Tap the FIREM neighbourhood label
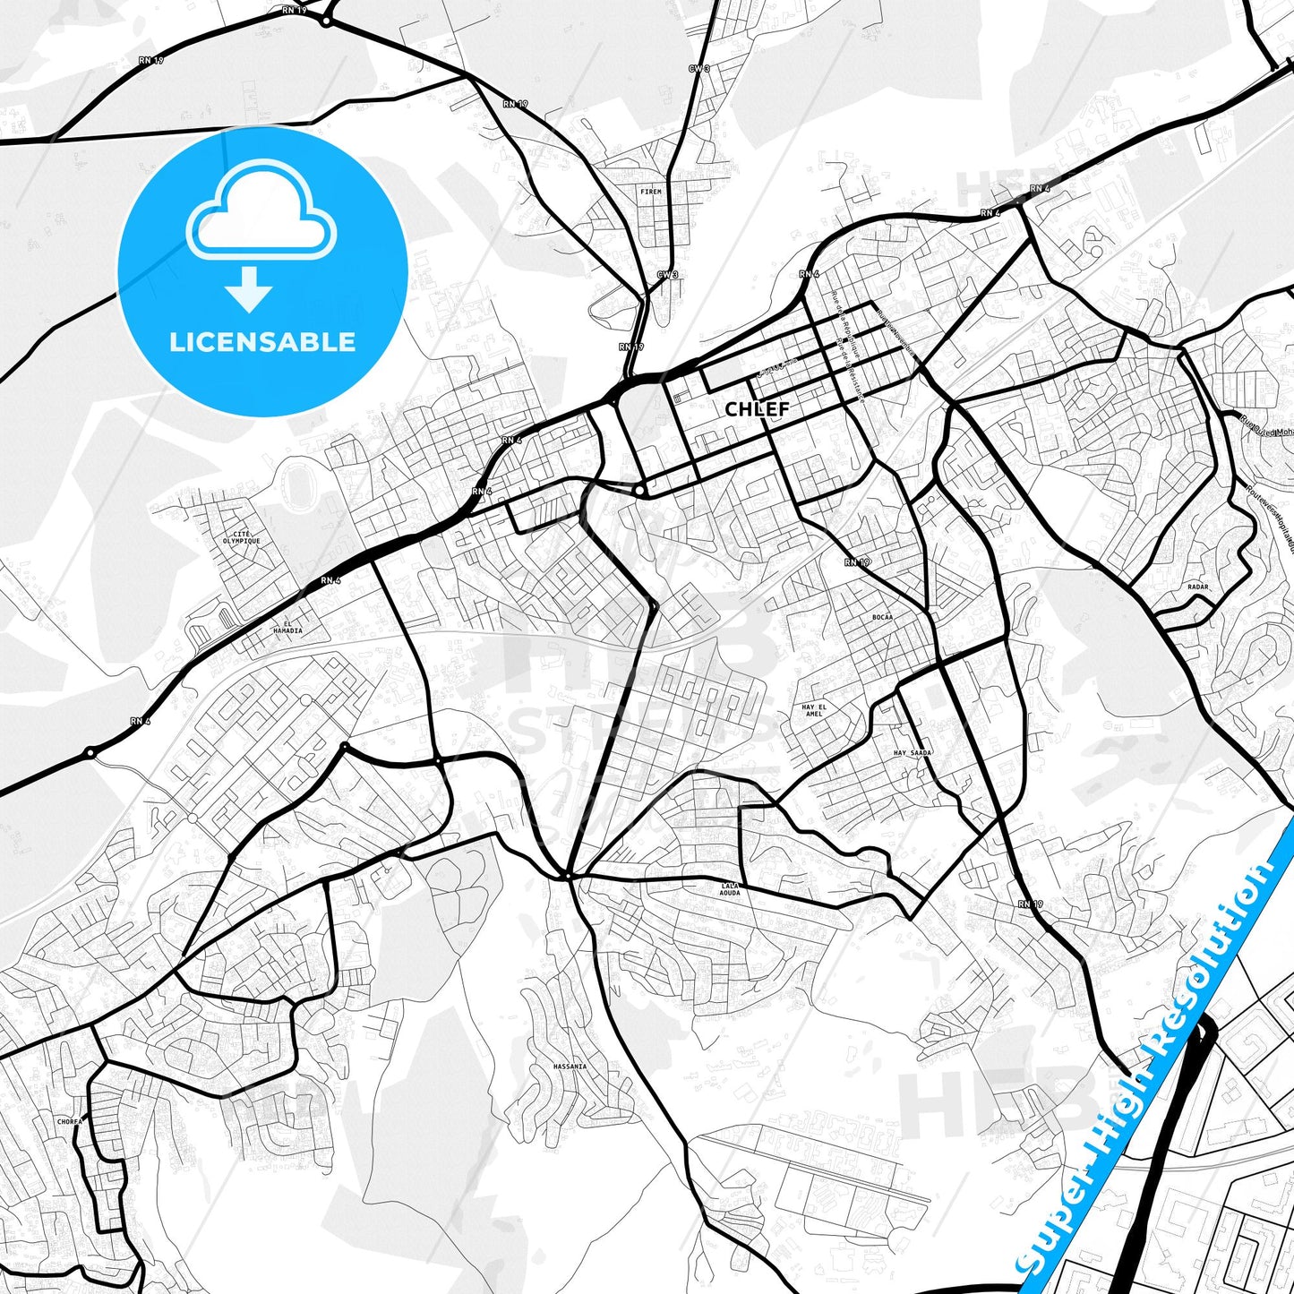[x=650, y=192]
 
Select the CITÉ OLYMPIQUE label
[x=242, y=537]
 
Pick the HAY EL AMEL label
[x=813, y=710]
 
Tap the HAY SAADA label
[x=912, y=753]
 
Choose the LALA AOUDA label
[x=731, y=888]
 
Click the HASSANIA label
[x=570, y=1067]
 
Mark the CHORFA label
[x=70, y=1120]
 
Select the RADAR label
[x=1197, y=587]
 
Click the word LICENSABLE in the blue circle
[x=262, y=341]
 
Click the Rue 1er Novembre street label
[x=896, y=332]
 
